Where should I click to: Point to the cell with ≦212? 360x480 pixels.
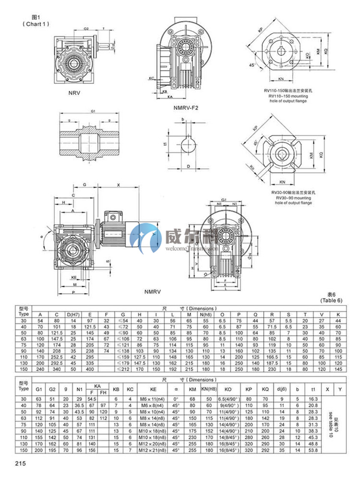123,368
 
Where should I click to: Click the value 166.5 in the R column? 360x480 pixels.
271,356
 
